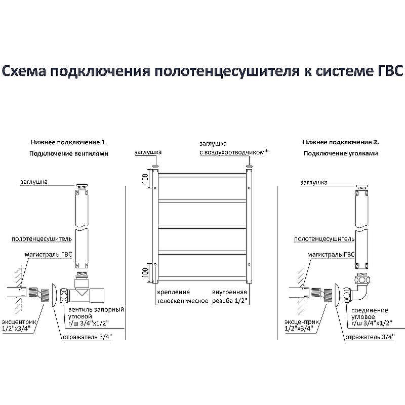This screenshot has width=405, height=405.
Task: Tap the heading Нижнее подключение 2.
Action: [x=341, y=143]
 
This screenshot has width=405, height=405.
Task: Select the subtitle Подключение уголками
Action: [x=341, y=153]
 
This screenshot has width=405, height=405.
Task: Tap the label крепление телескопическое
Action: [x=181, y=297]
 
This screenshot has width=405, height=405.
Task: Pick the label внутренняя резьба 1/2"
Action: [x=229, y=297]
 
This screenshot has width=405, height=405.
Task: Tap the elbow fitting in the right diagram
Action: [x=363, y=288]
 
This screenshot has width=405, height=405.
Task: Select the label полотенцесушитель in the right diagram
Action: [x=324, y=238]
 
